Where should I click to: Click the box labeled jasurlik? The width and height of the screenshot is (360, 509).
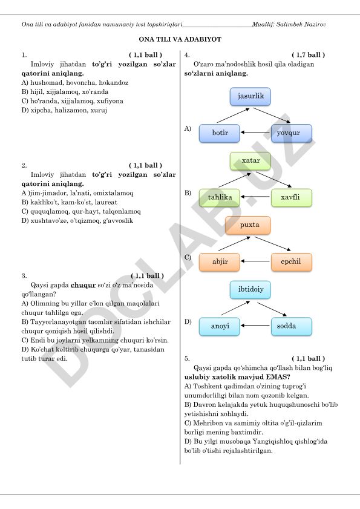coord(250,96)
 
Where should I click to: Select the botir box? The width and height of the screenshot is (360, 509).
coord(220,133)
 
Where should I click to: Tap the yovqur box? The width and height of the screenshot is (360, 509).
coord(291,133)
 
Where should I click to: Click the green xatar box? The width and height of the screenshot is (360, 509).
coord(250,161)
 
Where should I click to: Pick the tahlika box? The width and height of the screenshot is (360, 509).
coord(220,198)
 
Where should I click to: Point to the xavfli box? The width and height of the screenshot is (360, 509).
coord(291,198)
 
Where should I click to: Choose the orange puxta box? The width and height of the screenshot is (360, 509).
coord(247,225)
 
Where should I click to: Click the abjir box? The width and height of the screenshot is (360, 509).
coord(220,262)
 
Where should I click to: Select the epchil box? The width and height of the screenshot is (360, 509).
coord(291,262)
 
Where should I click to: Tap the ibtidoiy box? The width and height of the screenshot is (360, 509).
coord(250,289)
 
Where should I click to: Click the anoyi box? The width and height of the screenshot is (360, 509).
coord(220,326)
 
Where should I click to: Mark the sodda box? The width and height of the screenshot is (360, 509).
coord(291,326)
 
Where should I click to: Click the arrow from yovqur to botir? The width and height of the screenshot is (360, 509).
coord(255,133)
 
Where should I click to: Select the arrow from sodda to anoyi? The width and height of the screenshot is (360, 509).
coord(255,325)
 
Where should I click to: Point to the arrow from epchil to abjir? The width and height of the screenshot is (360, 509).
coord(255,261)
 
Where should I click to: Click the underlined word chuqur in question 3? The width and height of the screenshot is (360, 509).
coord(83,285)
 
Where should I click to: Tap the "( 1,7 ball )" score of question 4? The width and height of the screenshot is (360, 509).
coord(308,55)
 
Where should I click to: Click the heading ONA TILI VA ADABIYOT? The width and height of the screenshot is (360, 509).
coord(180,39)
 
